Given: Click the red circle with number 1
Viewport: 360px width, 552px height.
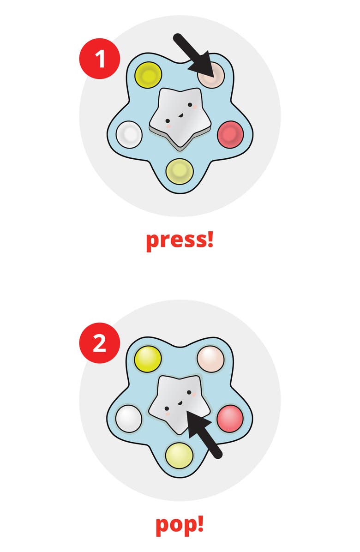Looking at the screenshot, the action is click(100, 59).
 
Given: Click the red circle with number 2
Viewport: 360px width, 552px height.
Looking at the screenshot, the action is click(100, 343).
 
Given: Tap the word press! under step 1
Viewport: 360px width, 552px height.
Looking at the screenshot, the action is click(180, 240).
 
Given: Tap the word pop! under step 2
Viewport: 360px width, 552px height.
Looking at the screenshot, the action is click(180, 525).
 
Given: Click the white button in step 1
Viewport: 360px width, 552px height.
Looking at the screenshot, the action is click(129, 134).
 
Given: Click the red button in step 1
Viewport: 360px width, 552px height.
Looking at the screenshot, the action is click(230, 134).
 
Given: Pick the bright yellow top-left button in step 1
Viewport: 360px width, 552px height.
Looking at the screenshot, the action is click(148, 75).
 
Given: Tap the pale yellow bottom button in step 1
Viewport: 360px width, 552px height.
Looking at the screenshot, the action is click(180, 171).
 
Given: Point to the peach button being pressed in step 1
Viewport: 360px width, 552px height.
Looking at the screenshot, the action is click(211, 75).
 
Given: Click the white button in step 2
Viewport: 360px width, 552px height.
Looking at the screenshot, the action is click(129, 419).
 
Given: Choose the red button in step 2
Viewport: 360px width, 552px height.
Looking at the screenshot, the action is click(230, 419).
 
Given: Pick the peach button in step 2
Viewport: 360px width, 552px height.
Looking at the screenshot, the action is click(211, 359).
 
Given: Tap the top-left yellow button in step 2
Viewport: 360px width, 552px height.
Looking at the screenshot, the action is click(148, 359).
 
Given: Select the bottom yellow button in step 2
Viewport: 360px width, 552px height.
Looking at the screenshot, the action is click(180, 456).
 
